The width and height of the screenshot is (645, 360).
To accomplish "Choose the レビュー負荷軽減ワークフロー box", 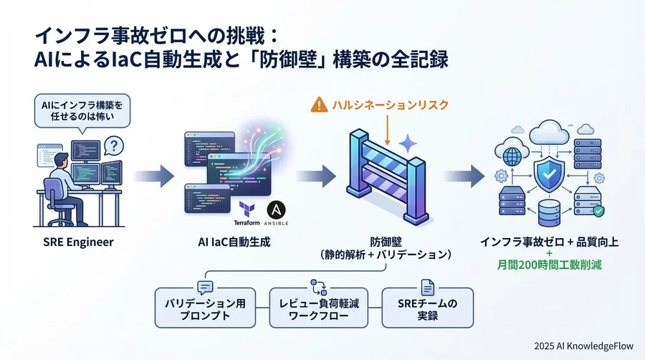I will (x=313, y=309).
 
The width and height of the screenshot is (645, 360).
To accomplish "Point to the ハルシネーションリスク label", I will (x=390, y=105).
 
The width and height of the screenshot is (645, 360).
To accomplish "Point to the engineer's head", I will (x=62, y=159).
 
